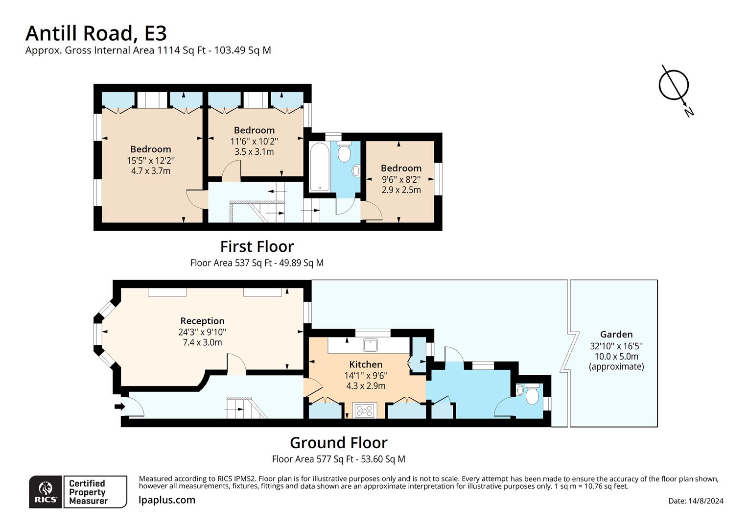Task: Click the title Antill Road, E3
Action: click(96, 33)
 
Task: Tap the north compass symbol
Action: click(674, 86)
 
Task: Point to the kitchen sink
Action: click(371, 345)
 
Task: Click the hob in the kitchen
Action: click(364, 410)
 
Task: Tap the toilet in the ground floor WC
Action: click(531, 395)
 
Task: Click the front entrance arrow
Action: click(119, 406)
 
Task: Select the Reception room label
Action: click(202, 321)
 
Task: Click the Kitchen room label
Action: click(366, 364)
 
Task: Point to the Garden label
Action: click(616, 335)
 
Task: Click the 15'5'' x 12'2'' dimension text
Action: click(150, 160)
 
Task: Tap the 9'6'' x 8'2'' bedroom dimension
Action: click(401, 179)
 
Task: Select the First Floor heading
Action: click(257, 246)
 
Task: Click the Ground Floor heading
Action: click(338, 443)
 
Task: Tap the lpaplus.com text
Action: click(167, 500)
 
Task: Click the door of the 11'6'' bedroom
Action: click(230, 172)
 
